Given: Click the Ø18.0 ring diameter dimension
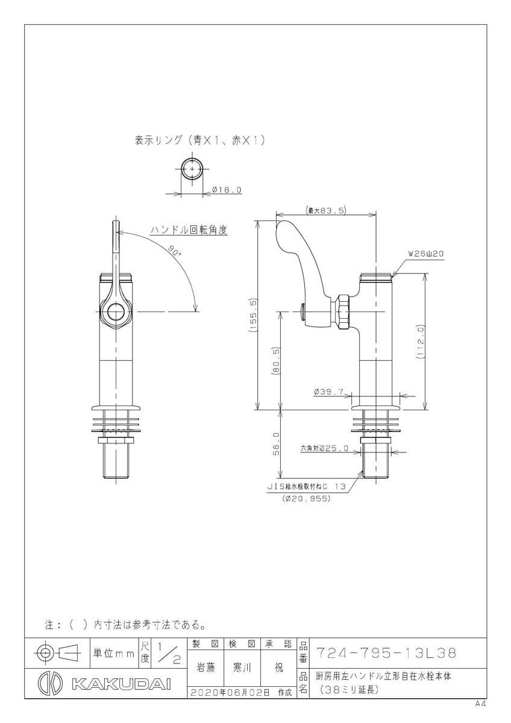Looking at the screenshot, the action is [227, 190].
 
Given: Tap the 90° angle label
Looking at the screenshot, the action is [175, 251].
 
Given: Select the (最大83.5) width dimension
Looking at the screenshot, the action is [326, 211].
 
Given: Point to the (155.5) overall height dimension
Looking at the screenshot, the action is [253, 315].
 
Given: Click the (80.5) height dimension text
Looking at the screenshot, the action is [275, 361].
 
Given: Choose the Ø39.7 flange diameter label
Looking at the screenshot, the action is [328, 392].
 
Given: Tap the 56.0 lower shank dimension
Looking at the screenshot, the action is [275, 444].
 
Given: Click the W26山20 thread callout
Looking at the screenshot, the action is [426, 254].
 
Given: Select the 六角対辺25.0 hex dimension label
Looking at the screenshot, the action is [325, 448].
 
